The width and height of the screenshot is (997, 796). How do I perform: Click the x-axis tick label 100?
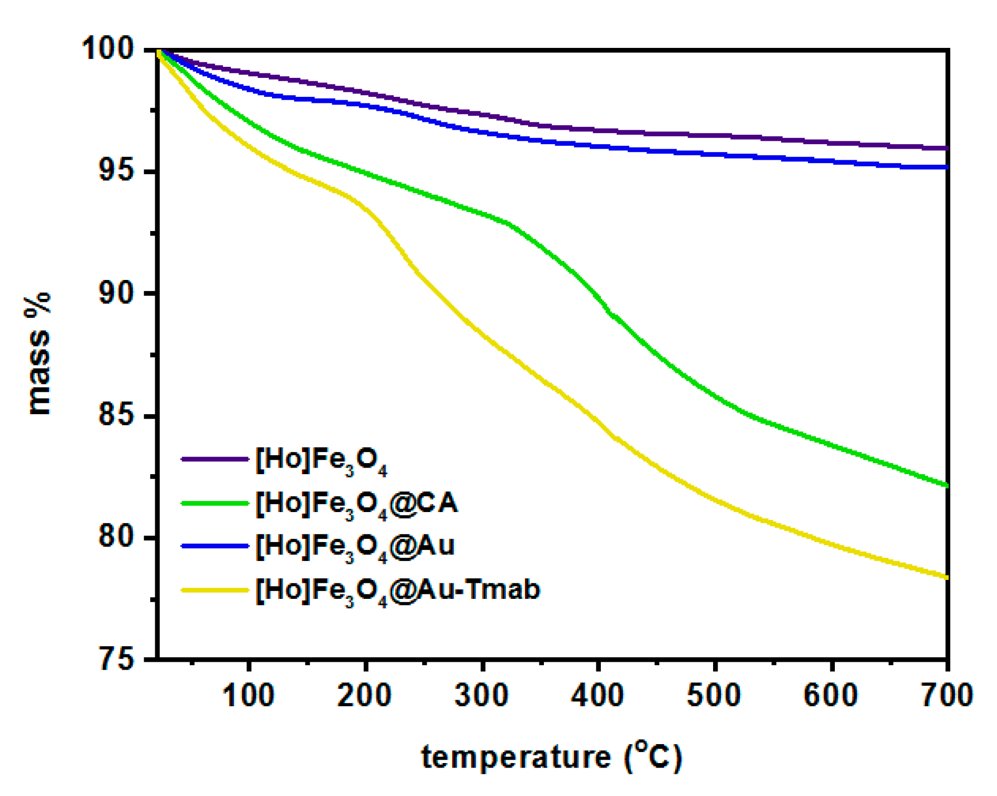pos(248,695)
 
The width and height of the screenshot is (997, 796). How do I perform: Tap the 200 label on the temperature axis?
pos(365,695)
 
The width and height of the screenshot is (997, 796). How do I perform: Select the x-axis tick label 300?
pos(482,695)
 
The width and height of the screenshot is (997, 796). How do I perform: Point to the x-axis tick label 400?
pos(598,695)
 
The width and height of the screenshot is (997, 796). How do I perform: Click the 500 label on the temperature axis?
pos(714,695)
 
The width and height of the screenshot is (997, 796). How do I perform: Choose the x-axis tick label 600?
pos(831,695)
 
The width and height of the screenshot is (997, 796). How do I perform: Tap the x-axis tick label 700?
pos(947,695)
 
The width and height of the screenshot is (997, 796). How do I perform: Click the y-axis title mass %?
pos(38,353)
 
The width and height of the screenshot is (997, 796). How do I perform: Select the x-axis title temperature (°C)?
pos(551,757)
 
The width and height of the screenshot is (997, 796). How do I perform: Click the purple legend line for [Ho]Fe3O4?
pos(215,459)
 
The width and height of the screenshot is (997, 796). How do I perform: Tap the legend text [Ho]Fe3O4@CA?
pos(356,503)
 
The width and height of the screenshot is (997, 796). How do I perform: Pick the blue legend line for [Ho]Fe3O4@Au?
pos(215,546)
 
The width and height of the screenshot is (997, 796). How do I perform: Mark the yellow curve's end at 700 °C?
pos(946,577)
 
